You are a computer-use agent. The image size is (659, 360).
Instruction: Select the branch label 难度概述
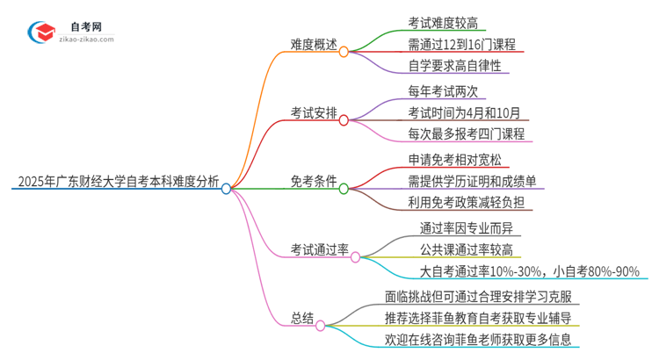point(314,44)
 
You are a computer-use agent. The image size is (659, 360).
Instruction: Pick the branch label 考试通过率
point(320,250)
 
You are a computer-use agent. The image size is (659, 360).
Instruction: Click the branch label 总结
point(301,318)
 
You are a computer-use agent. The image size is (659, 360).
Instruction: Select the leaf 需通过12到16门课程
point(461,44)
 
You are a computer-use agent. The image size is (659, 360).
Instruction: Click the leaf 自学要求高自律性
point(454,65)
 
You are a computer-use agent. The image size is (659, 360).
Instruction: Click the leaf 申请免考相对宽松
point(454,160)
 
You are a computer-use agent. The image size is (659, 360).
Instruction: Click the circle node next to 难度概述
point(344,52)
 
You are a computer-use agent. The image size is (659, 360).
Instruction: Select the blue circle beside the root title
point(227,188)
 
